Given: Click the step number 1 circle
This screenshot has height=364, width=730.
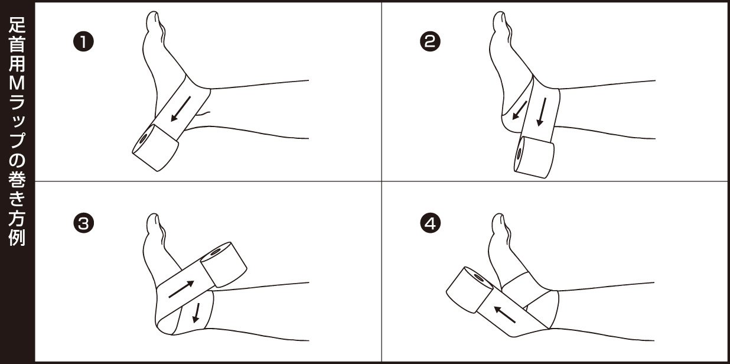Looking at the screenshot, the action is click(x=83, y=42).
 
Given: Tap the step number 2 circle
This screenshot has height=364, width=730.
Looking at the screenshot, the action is click(x=430, y=42).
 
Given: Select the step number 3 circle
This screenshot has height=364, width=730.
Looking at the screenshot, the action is click(x=83, y=223).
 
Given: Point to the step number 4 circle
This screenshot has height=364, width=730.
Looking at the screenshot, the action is click(x=430, y=223).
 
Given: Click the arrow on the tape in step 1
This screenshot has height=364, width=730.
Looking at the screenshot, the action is click(x=181, y=109).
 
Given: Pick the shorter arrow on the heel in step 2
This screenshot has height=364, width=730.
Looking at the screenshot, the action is click(x=520, y=110).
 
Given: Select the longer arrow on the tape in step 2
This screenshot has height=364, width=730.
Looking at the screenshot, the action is click(x=541, y=112).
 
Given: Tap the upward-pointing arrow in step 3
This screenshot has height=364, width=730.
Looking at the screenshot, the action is click(x=181, y=290).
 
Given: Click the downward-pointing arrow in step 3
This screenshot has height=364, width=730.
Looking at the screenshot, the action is click(x=196, y=313).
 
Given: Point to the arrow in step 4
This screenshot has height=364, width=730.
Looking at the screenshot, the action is click(x=504, y=314).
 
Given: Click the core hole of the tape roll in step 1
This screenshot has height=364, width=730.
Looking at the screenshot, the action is click(x=143, y=139).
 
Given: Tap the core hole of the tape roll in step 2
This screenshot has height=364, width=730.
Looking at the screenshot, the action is click(x=519, y=154).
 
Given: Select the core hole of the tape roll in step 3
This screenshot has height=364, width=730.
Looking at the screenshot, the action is click(x=216, y=252).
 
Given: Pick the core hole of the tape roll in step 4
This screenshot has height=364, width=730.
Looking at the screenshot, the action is click(x=479, y=278).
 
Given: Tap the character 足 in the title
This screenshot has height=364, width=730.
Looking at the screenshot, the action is click(x=17, y=24).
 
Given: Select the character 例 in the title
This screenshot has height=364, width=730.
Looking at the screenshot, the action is click(x=17, y=238).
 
